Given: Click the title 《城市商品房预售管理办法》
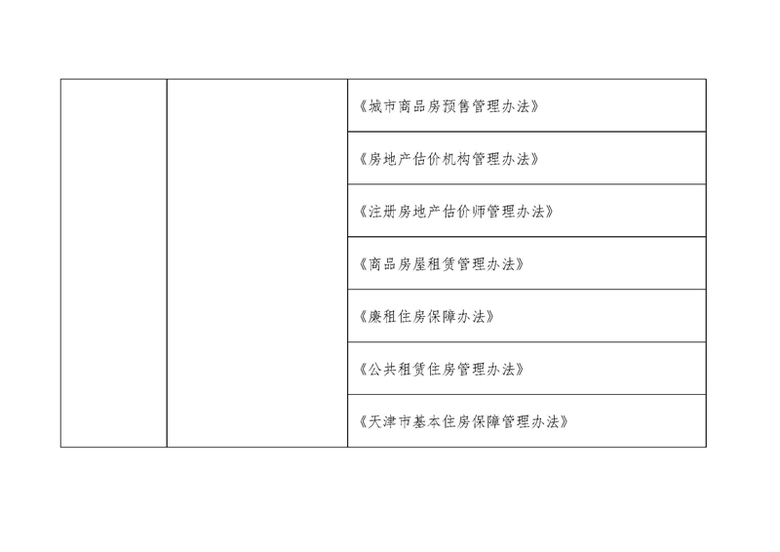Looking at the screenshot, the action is [x=449, y=106].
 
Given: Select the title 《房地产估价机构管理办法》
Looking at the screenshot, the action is [x=449, y=159].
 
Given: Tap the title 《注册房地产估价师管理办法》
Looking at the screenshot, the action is [x=456, y=212].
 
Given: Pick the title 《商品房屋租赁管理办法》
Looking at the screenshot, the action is [x=442, y=264].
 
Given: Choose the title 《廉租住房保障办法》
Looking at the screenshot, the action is [x=427, y=317].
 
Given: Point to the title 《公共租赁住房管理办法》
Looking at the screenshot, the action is [x=442, y=370].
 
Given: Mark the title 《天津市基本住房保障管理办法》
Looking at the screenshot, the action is [x=464, y=422].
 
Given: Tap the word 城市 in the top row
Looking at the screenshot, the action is [x=382, y=106].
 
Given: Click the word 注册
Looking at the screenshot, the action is [x=382, y=212].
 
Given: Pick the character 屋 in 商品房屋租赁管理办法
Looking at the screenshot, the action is [x=420, y=264].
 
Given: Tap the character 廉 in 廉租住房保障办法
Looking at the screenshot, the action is [x=375, y=317].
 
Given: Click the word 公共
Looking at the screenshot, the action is [x=382, y=370].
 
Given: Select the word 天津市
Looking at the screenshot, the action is [x=390, y=422].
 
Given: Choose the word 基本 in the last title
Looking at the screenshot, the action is [x=427, y=422].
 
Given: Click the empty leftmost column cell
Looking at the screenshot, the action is [x=114, y=262].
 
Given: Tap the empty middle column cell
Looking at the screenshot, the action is [x=257, y=262].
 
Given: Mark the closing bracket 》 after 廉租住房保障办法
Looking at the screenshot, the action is [x=490, y=317].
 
